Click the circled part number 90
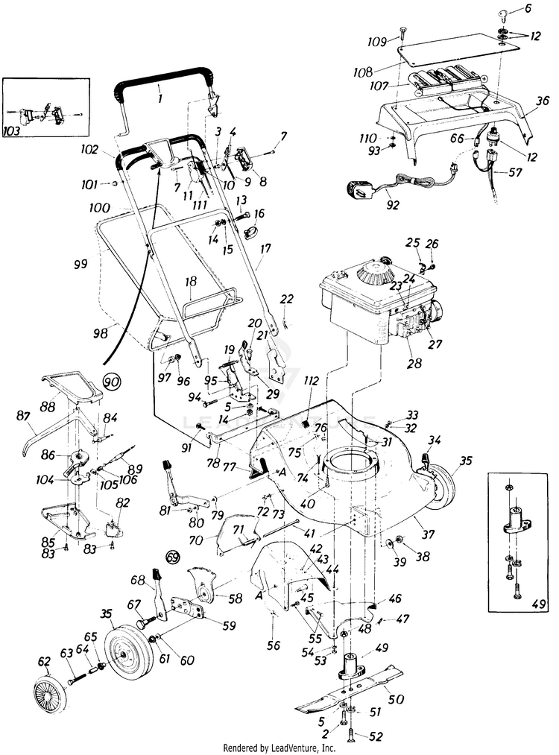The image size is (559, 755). (112, 383)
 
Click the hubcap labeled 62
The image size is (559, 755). (50, 694)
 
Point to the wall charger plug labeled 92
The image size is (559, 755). (359, 190)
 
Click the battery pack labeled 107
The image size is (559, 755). (446, 79)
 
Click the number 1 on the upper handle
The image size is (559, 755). (160, 100)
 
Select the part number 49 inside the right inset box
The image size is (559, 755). (540, 603)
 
